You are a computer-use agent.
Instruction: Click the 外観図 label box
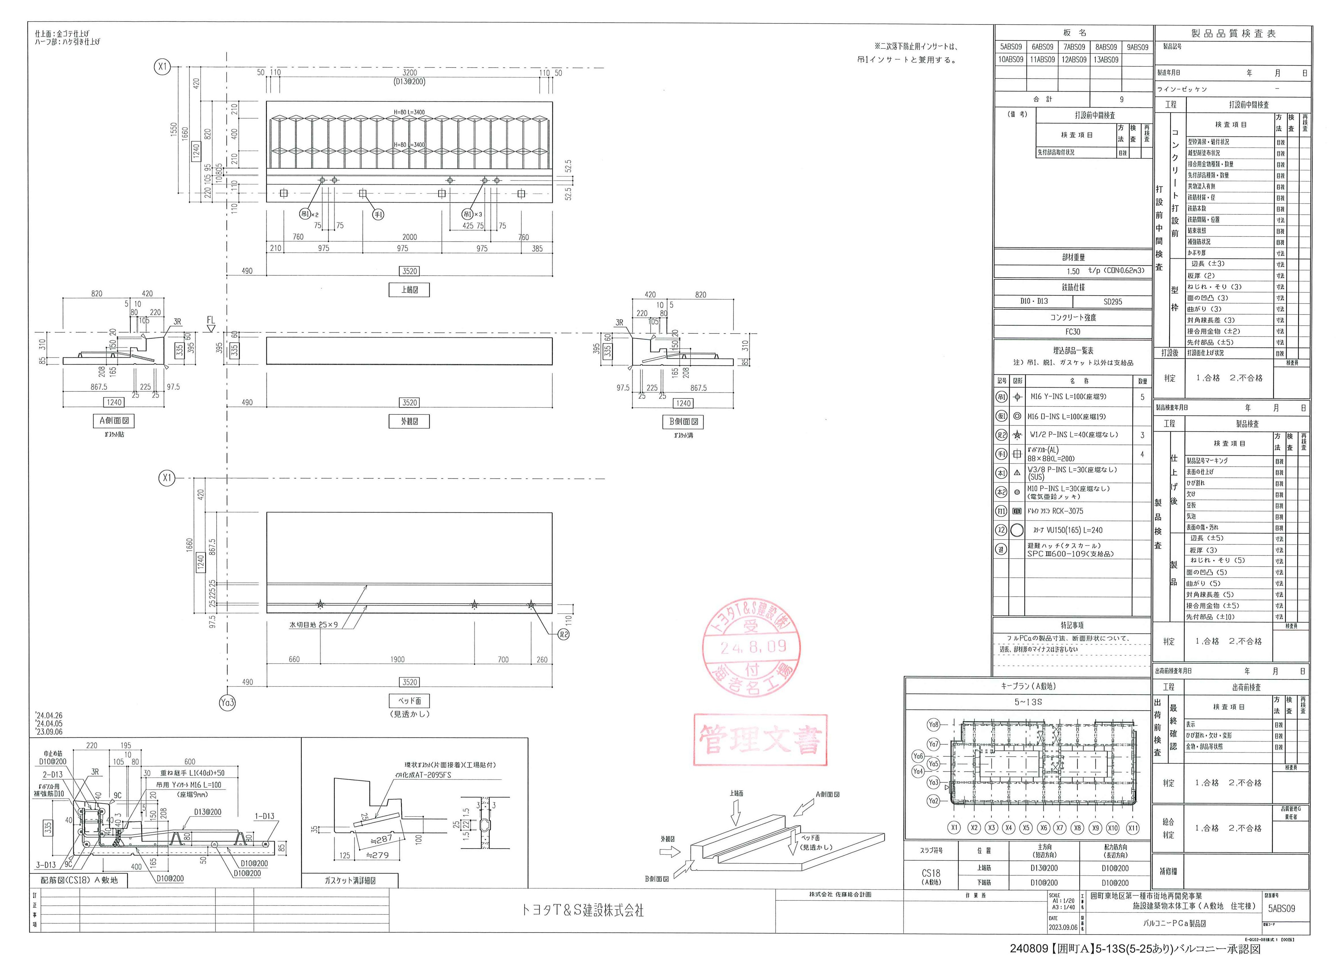point(409,421)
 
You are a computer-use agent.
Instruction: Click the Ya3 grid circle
point(227,702)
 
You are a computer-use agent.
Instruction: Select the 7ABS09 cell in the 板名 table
point(1074,47)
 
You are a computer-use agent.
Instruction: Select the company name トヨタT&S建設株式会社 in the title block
point(582,910)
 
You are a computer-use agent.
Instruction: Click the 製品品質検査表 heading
point(1233,34)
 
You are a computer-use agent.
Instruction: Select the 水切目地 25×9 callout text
point(313,624)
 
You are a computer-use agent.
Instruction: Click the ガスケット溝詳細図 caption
point(350,880)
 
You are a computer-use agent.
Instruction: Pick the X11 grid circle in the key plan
point(1132,828)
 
